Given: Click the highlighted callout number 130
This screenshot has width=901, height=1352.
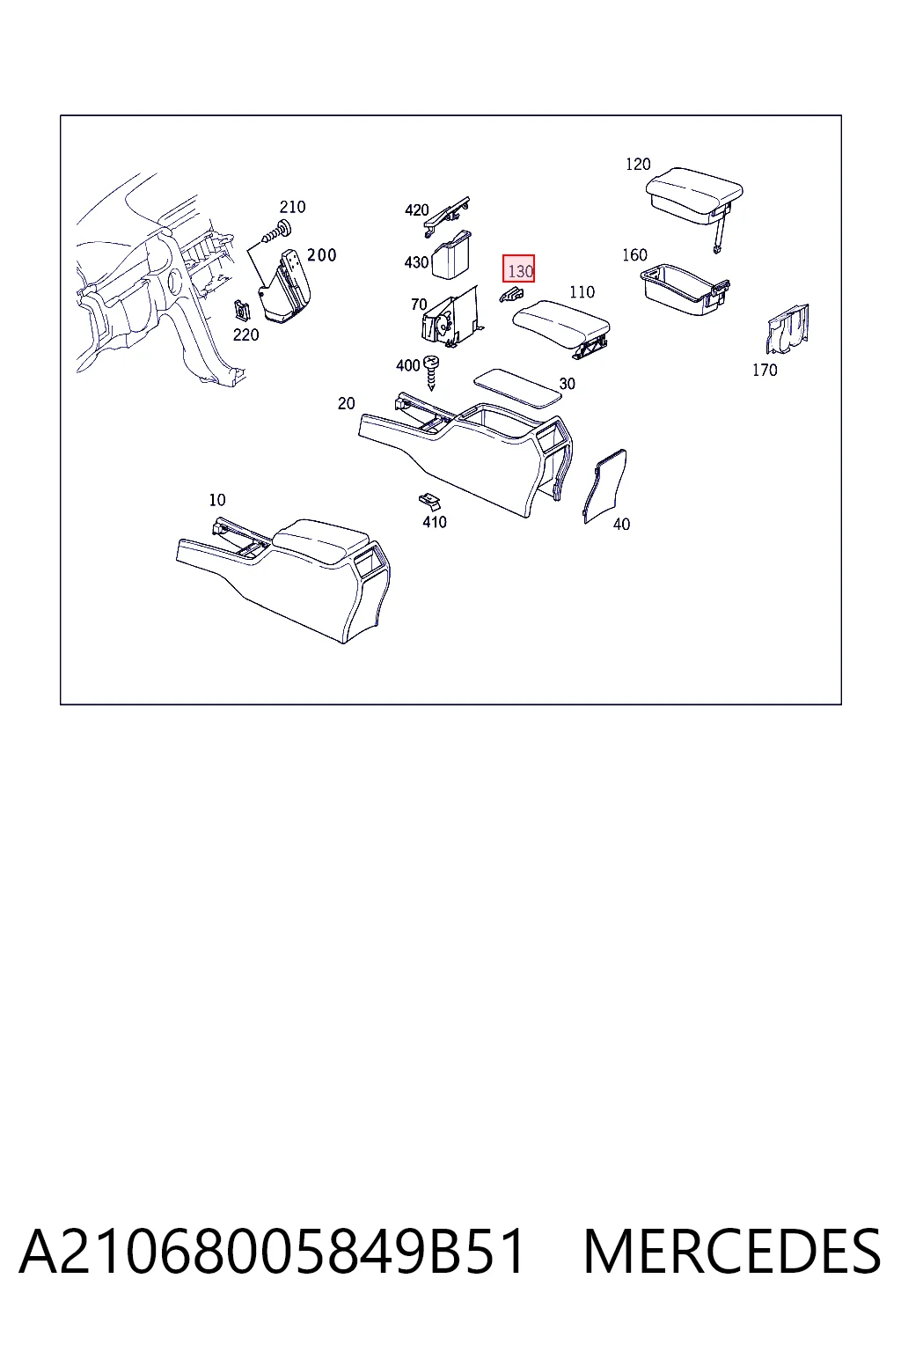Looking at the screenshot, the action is tap(519, 270).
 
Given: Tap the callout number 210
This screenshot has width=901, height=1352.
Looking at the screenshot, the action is tap(293, 207).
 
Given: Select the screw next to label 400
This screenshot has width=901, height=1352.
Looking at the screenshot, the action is tap(431, 371).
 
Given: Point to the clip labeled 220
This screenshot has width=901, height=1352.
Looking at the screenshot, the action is tap(243, 312).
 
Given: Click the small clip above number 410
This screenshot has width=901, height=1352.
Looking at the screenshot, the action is tap(429, 500).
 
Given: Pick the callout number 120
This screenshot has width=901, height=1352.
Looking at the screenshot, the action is tap(638, 165).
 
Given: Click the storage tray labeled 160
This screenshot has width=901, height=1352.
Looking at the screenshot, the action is tap(685, 290).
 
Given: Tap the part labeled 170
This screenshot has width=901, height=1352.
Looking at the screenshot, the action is tap(787, 330).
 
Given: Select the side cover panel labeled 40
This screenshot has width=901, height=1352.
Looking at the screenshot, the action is tap(604, 487).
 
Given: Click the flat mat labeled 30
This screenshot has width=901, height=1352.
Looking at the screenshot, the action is tap(517, 389).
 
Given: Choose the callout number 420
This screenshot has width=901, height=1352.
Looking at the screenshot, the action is tap(416, 210).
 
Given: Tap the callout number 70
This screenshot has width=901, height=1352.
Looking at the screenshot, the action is tap(419, 305).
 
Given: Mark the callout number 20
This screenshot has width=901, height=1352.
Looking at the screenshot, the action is tap(346, 403).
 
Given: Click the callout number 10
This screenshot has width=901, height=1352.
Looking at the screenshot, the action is tap(216, 500).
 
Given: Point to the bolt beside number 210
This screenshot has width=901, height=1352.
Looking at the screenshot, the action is tap(277, 233).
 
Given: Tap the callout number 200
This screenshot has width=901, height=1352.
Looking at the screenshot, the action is tap(321, 255).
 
